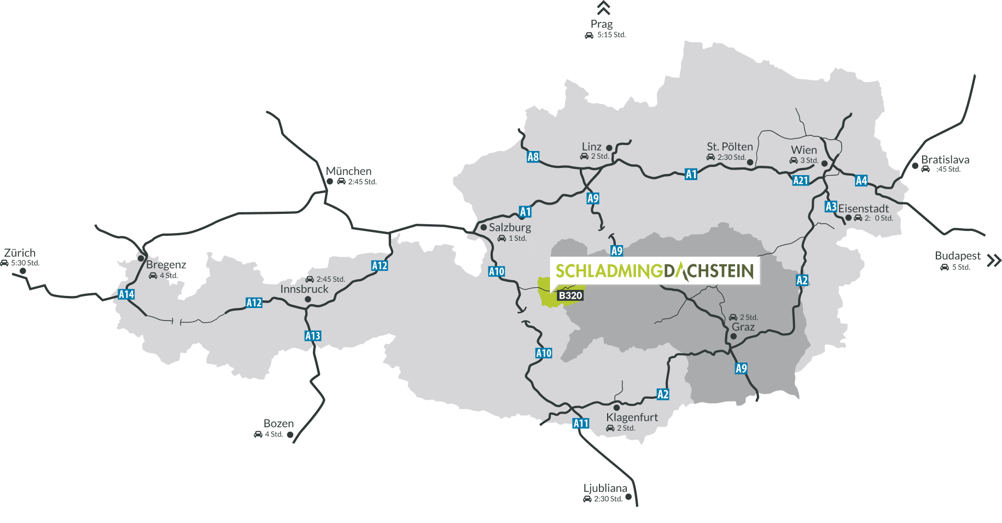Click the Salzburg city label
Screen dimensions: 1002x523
click(x=510, y=227)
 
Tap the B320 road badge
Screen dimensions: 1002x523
click(x=570, y=295)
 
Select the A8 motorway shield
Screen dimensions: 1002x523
click(x=533, y=157)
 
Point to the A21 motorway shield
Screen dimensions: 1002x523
click(x=800, y=180)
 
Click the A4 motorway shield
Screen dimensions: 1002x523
click(x=861, y=181)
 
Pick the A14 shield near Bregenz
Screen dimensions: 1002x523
click(x=126, y=294)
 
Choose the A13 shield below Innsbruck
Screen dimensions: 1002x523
click(x=313, y=335)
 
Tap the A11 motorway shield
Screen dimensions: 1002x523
click(x=581, y=423)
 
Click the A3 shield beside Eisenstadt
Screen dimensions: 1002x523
click(x=830, y=206)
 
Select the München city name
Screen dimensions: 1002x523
click(x=348, y=171)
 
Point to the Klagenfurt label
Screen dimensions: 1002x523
click(x=632, y=417)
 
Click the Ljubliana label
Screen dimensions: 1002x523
click(x=605, y=488)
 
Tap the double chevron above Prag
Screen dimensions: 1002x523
click(x=603, y=8)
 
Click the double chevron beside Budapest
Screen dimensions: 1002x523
click(x=993, y=260)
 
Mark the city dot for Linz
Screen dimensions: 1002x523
click(x=609, y=148)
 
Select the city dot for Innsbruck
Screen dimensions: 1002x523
click(x=308, y=299)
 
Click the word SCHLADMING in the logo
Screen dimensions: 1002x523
click(x=609, y=271)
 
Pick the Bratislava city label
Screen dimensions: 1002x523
click(x=945, y=160)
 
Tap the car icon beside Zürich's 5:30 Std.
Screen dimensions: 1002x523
click(x=5, y=263)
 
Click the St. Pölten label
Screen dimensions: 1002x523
click(x=730, y=147)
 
